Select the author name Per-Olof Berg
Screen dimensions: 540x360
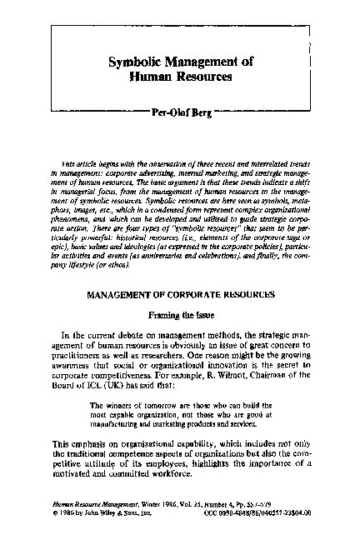click(x=179, y=108)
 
